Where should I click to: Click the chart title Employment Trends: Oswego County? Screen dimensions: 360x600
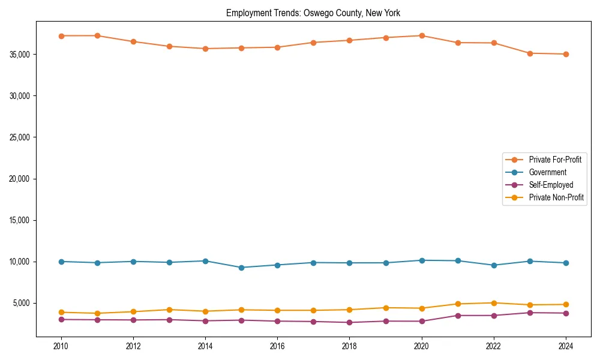pos(313,13)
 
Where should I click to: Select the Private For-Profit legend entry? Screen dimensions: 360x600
pos(555,160)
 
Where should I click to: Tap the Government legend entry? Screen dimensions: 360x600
pos(547,172)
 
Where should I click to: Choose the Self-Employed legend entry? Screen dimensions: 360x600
pos(551,185)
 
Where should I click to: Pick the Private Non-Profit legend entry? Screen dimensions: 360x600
pos(556,197)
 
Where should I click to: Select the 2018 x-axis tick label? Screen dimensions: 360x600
pos(350,346)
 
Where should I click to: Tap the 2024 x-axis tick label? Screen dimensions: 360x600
pos(566,346)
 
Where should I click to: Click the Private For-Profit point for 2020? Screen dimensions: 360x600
pos(422,35)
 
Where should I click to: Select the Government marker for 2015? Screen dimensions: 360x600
pos(241,268)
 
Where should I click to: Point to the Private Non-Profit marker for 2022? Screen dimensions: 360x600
pos(494,303)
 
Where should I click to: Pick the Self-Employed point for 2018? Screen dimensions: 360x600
pos(350,322)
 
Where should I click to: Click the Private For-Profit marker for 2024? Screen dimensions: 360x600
pos(566,54)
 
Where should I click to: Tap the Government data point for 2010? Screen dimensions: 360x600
pos(61,262)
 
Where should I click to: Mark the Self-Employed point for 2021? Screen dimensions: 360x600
pos(458,316)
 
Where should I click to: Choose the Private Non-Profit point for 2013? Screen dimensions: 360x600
pos(169,310)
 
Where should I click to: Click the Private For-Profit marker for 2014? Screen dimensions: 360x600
pos(205,49)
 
